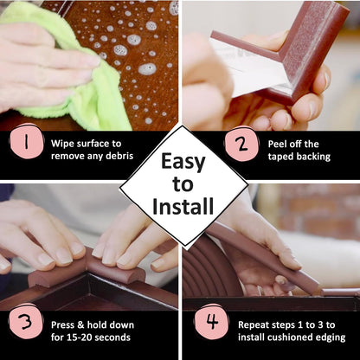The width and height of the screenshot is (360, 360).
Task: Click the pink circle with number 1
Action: click(x=27, y=141)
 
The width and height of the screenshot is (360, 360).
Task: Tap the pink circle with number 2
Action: click(x=241, y=144)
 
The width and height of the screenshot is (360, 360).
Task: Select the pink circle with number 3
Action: click(x=26, y=321)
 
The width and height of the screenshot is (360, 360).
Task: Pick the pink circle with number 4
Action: click(x=212, y=321)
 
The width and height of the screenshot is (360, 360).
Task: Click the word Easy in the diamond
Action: click(x=183, y=162)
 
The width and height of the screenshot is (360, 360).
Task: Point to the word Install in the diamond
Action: click(x=183, y=207)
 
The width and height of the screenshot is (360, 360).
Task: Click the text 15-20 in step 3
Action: click(x=80, y=337)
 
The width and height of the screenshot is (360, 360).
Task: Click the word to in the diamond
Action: click(x=183, y=184)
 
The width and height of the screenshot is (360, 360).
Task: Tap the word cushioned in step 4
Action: click(x=291, y=337)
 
